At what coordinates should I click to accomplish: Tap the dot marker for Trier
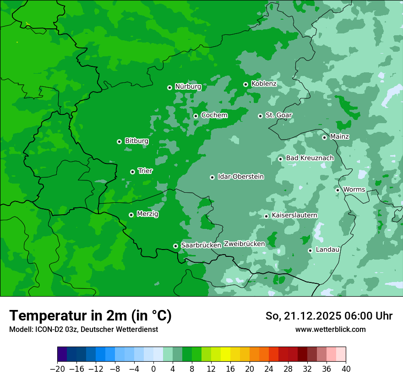(x=132, y=172)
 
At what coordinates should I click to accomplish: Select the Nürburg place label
(x=188, y=87)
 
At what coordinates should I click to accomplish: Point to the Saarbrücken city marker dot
(x=175, y=246)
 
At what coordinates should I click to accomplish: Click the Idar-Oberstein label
(x=240, y=177)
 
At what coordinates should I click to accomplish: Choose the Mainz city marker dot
(x=324, y=137)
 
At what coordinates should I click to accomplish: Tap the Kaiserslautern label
(x=294, y=215)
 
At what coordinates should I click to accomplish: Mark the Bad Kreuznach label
(x=310, y=158)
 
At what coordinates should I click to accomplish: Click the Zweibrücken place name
(x=244, y=244)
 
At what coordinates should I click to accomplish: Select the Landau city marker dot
(x=310, y=250)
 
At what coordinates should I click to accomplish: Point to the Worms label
(x=354, y=190)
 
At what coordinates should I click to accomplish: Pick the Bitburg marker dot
(x=119, y=141)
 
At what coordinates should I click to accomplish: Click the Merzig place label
(x=147, y=214)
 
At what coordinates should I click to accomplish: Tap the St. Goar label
(x=278, y=115)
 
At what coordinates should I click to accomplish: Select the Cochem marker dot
(x=196, y=116)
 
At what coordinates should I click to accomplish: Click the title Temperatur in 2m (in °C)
(x=90, y=315)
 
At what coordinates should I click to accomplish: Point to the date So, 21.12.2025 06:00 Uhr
(x=329, y=316)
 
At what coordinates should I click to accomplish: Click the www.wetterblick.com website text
(x=330, y=329)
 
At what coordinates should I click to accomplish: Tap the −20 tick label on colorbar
(x=57, y=369)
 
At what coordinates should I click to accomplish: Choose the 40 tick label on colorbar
(x=346, y=369)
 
